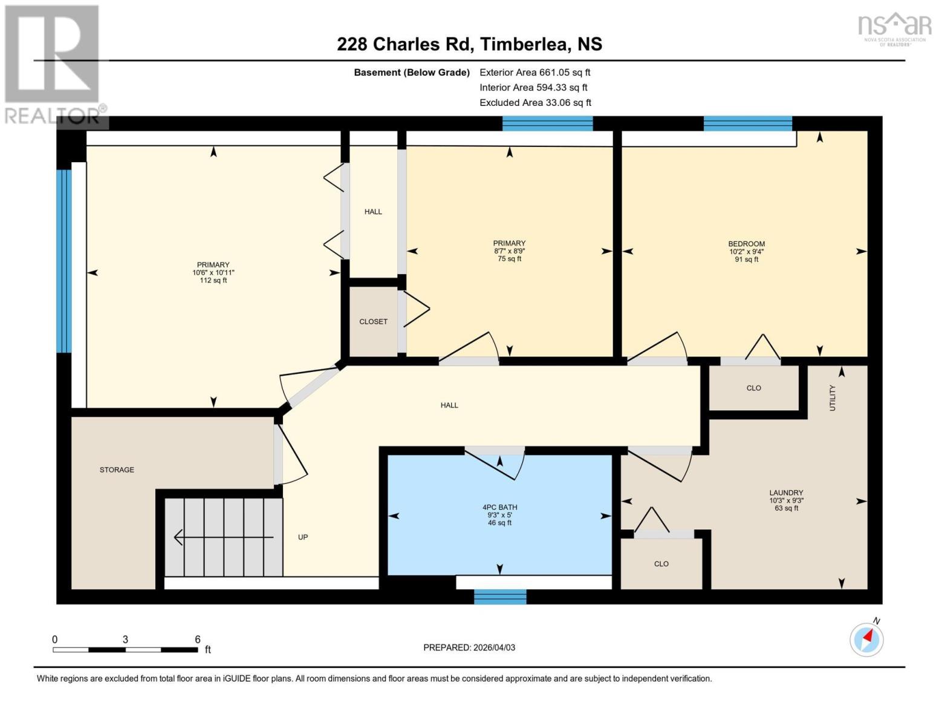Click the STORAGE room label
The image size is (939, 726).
tap(117, 469)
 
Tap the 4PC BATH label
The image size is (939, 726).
tap(499, 507)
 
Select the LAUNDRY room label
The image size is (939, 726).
tap(786, 492)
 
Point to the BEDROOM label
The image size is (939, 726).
tap(746, 244)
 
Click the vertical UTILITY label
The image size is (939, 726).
tap(832, 397)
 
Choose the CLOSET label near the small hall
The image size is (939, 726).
tap(373, 321)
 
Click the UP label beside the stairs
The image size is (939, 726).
tap(303, 537)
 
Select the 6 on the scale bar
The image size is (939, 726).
tap(197, 639)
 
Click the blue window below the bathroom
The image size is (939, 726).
tap(500, 597)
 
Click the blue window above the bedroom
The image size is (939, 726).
tap(747, 123)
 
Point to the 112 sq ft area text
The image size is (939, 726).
tap(213, 280)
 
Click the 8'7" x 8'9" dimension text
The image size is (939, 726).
tap(509, 251)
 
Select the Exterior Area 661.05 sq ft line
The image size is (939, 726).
tap(534, 72)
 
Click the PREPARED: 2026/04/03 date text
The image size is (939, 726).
tap(469, 647)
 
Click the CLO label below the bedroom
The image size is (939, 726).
tap(753, 388)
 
